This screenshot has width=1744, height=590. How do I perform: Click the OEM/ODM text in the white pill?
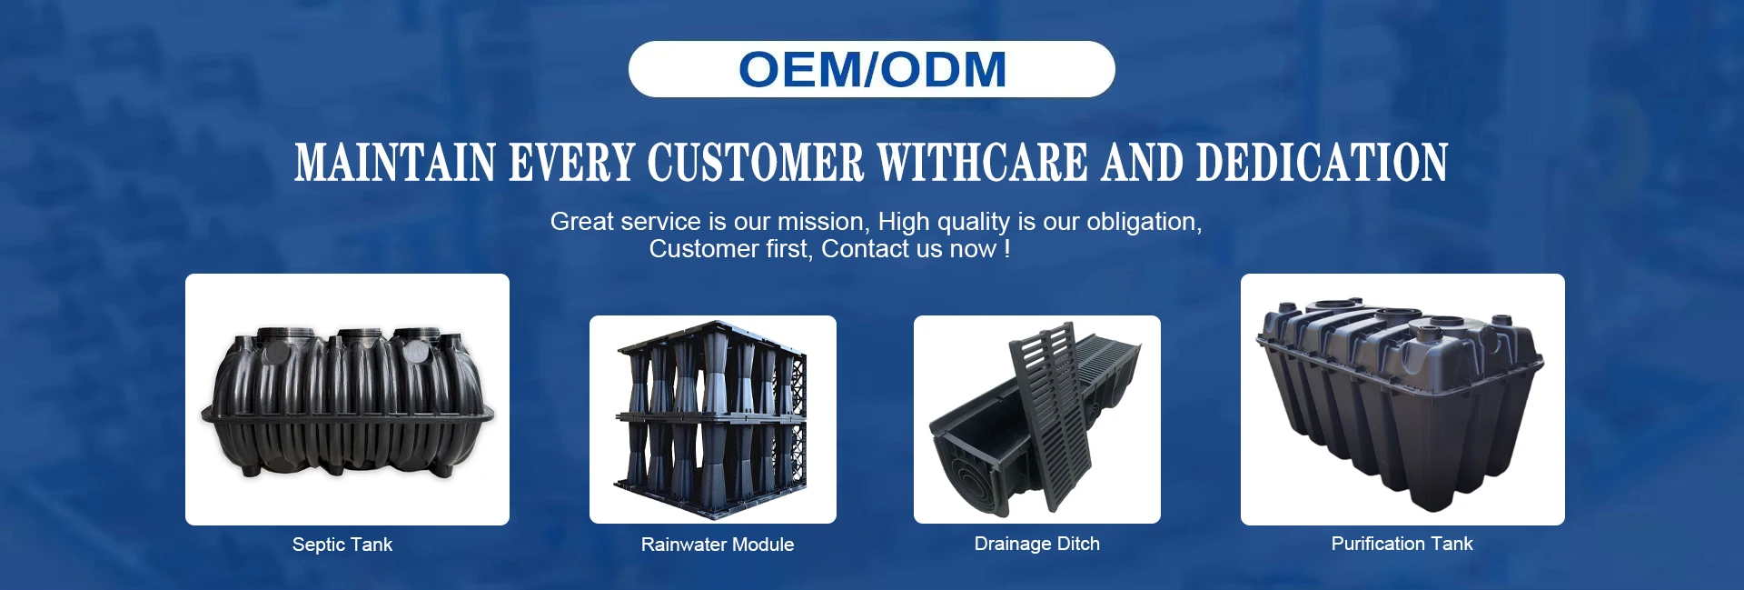click(x=872, y=69)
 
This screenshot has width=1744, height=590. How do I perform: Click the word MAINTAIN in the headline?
click(x=394, y=163)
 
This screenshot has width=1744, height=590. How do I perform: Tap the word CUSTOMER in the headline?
click(x=755, y=163)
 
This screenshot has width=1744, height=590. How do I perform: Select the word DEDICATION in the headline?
click(x=1322, y=163)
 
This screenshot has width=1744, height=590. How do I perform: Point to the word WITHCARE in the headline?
click(x=982, y=163)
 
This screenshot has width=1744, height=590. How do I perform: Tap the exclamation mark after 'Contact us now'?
click(x=1007, y=248)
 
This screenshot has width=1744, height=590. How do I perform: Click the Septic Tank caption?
click(x=342, y=545)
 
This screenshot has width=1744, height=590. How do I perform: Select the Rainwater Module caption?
click(x=718, y=545)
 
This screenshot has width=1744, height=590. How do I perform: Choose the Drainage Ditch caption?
click(x=1037, y=544)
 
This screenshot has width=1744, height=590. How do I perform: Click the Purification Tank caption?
click(x=1402, y=544)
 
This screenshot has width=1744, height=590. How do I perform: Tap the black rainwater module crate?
click(x=711, y=419)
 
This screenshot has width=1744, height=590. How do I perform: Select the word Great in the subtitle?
click(x=582, y=222)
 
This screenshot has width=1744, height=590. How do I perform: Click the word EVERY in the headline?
click(x=570, y=163)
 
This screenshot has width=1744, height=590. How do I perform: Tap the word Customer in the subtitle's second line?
click(x=703, y=249)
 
